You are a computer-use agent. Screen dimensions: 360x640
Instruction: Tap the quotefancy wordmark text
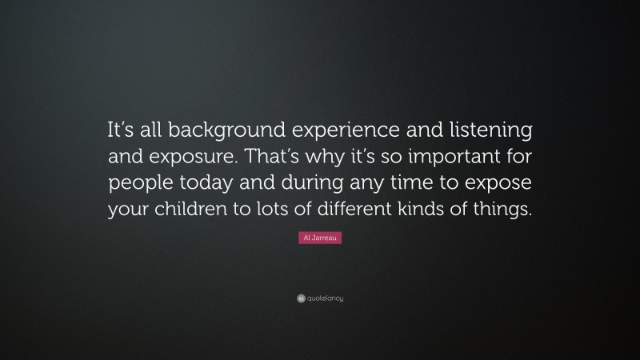[325, 298]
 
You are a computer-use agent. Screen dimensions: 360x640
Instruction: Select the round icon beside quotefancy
[300, 298]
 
